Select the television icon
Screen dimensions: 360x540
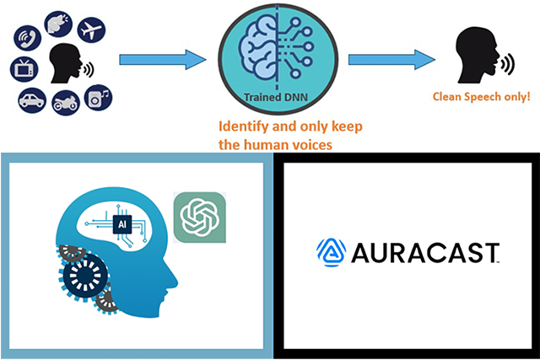click(23, 68)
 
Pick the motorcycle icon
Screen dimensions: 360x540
click(65, 103)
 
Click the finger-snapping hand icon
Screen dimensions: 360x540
click(57, 23)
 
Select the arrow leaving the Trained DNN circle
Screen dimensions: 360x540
click(391, 60)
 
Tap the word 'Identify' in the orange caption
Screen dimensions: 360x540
click(244, 127)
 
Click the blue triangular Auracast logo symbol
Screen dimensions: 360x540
click(330, 250)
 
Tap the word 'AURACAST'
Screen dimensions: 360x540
click(422, 251)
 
